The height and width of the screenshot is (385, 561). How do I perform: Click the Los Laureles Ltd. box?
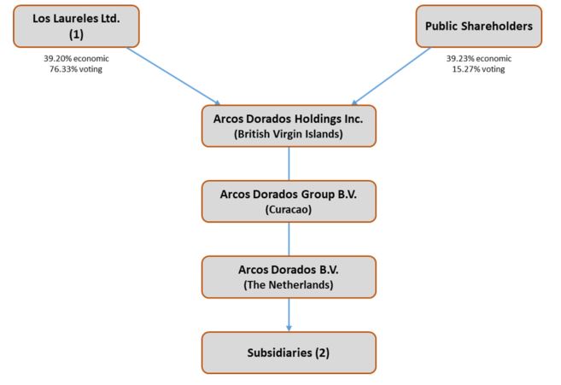click(x=77, y=26)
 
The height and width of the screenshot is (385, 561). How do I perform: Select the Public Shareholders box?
click(x=478, y=26)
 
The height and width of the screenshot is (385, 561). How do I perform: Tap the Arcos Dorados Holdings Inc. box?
click(x=289, y=125)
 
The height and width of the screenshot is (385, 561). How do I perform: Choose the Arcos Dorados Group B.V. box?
click(x=289, y=201)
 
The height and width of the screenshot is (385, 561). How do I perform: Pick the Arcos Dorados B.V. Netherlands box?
click(x=289, y=276)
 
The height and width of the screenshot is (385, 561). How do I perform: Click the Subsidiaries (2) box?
click(x=289, y=352)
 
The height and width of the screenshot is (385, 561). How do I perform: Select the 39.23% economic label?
click(x=478, y=59)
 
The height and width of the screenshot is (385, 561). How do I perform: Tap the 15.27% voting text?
click(x=478, y=69)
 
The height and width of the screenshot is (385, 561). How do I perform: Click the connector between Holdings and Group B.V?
click(x=289, y=163)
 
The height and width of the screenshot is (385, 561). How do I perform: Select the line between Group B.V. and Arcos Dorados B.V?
click(x=289, y=238)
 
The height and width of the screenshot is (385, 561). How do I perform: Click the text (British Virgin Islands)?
click(x=289, y=134)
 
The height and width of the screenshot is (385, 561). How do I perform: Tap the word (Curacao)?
click(x=289, y=209)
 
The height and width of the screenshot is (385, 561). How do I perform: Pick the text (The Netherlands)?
click(x=289, y=284)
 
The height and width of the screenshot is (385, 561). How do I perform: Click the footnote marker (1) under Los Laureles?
click(x=77, y=34)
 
